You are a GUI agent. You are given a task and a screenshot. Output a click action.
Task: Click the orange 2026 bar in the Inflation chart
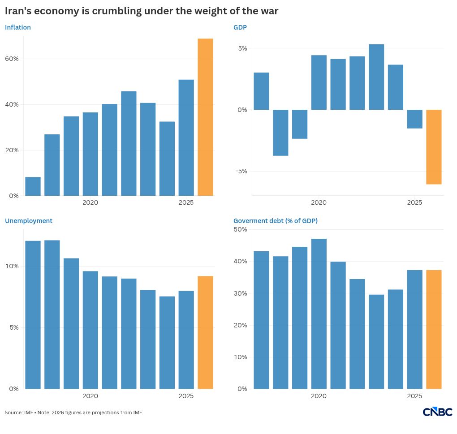click(205, 117)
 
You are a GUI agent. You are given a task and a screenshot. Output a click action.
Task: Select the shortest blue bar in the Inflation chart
click(33, 186)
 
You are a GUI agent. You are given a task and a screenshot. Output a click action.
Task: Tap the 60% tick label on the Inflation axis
click(12, 59)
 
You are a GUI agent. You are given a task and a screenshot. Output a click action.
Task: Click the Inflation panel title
click(18, 27)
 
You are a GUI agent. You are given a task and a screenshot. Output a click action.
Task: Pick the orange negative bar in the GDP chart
click(434, 147)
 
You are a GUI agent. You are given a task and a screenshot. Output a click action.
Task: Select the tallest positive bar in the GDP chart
click(376, 77)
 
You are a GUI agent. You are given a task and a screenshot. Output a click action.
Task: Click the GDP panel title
click(240, 27)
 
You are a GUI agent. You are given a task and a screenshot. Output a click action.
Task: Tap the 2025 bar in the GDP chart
click(414, 119)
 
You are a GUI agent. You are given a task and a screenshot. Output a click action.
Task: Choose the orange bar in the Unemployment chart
click(205, 332)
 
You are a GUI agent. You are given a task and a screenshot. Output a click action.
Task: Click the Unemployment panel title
click(29, 221)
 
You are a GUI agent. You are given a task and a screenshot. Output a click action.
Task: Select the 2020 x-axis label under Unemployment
click(90, 396)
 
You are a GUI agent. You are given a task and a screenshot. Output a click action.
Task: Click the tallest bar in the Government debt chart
click(319, 314)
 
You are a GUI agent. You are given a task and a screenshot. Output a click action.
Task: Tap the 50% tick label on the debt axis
click(240, 229)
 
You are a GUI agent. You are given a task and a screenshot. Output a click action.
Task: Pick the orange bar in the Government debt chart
click(434, 329)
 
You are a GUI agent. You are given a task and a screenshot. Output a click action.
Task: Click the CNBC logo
click(437, 412)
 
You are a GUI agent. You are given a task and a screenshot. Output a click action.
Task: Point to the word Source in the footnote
click(13, 413)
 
